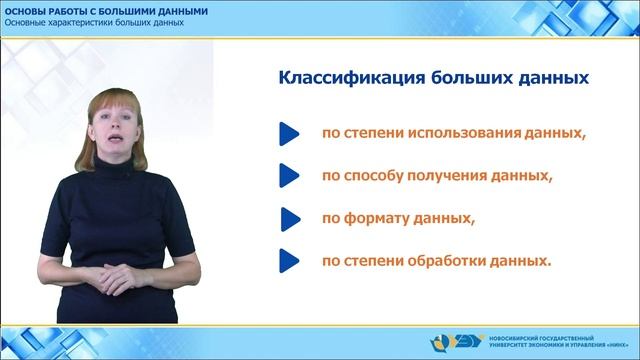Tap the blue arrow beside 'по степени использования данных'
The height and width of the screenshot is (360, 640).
click(288, 133)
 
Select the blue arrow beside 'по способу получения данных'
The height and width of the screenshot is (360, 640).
click(288, 176)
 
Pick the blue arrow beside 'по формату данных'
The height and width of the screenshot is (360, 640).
click(289, 218)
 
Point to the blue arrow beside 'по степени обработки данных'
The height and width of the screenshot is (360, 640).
click(288, 262)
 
